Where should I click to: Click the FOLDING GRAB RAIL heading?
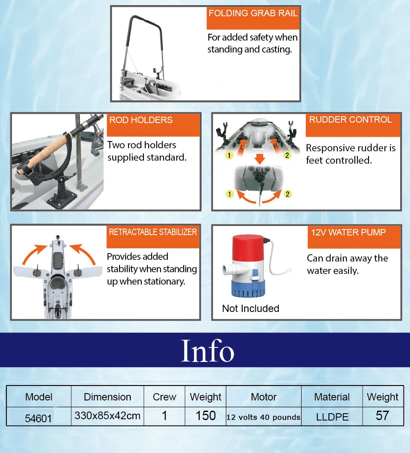click(253, 13)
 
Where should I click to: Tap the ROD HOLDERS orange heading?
click(141, 120)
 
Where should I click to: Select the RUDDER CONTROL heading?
click(350, 120)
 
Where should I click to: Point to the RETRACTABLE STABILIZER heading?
click(153, 232)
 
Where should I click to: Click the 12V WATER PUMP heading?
click(348, 232)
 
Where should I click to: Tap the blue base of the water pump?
click(248, 288)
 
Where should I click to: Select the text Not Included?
click(251, 309)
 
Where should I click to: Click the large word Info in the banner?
click(207, 350)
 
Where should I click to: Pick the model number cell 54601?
click(38, 418)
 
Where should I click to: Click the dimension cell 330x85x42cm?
click(107, 416)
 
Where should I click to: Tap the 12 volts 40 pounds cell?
click(264, 417)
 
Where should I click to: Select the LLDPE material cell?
click(332, 417)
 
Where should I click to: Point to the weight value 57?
click(382, 416)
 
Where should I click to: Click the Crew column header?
click(164, 397)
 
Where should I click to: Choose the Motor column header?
click(264, 397)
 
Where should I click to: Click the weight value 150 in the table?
click(205, 416)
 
